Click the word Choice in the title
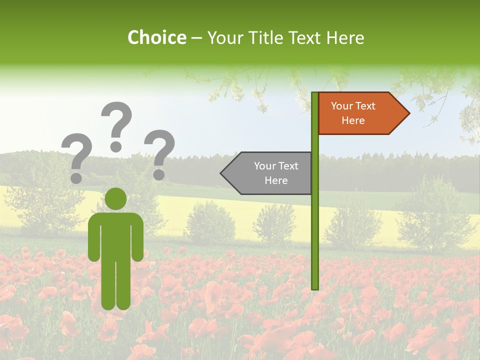157,37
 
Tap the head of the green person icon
116,198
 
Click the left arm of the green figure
93,237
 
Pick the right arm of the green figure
138,237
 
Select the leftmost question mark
76,155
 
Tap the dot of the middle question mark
116,146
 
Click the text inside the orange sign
353,113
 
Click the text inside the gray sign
276,173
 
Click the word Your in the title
225,37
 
